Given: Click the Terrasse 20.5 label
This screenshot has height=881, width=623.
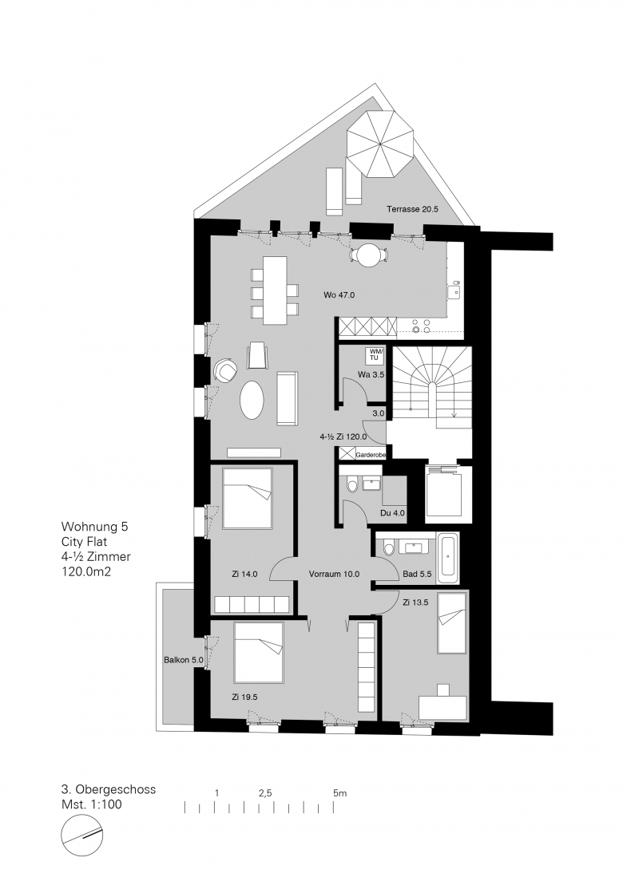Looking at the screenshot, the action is pos(412,209).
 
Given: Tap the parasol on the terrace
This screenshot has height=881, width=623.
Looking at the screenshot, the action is pos(380,144).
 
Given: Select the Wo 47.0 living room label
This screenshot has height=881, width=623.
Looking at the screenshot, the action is pos(339,294).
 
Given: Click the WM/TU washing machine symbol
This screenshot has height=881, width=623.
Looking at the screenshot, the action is pos(374,354).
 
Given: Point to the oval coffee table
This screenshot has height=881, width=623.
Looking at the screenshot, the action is pos(252,400).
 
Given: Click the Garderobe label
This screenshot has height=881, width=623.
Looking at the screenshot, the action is pos(371,455).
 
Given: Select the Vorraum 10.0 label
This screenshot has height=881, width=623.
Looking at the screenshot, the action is pos(334,575).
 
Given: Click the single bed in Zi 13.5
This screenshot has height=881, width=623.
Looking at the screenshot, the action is pos(452,622).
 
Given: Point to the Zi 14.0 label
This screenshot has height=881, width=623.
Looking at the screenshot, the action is pos(244,575).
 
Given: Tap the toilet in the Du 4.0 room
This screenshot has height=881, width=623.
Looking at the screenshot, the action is pos(352,484).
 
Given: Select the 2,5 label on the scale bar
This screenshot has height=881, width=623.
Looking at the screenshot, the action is pos(265,793).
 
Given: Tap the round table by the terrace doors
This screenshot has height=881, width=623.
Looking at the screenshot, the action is pos(368,255).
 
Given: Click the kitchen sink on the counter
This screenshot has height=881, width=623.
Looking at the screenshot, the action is pos(454,291).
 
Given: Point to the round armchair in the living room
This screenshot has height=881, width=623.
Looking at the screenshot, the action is pos(225,370).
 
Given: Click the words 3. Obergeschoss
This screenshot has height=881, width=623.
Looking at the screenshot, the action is pos(109,789).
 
